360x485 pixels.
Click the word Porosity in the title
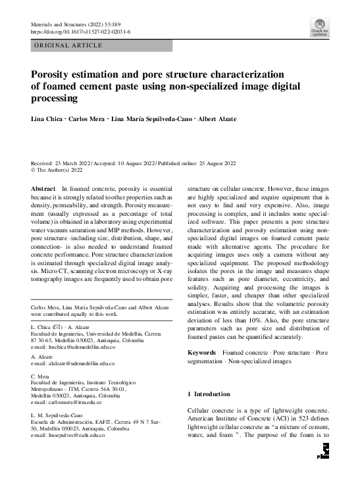coord(53,75)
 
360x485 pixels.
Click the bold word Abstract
coord(43,189)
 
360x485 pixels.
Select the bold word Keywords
coord(202,353)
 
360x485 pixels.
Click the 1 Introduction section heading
coord(209,394)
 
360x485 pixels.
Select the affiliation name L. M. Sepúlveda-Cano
coord(57,415)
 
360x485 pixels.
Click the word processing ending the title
coord(55,99)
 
